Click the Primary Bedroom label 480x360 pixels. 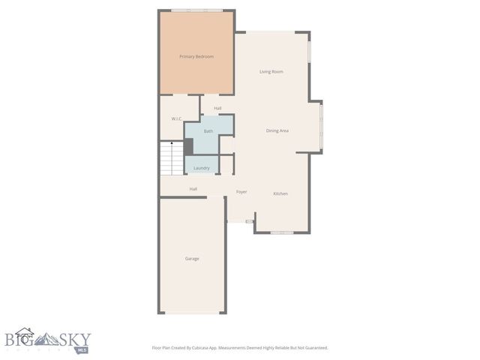click(x=196, y=57)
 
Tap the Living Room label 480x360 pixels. click(x=271, y=72)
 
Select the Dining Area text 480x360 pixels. click(x=277, y=131)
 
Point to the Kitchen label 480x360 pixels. click(x=280, y=194)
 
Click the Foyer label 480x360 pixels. click(x=241, y=192)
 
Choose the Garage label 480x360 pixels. click(x=193, y=259)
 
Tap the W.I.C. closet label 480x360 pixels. click(x=177, y=119)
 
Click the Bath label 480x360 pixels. click(x=208, y=132)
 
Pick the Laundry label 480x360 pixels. click(x=202, y=168)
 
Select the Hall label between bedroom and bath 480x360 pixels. click(x=217, y=109)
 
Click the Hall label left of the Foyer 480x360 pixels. click(x=193, y=189)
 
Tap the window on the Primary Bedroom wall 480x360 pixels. click(x=196, y=10)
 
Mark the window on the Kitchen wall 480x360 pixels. click(x=282, y=232)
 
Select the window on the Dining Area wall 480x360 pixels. click(x=322, y=126)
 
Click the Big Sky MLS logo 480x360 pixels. click(x=45, y=341)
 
